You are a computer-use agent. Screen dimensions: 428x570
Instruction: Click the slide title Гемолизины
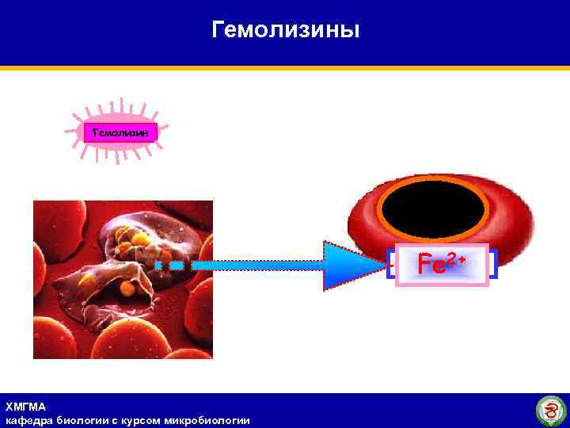tap(286, 30)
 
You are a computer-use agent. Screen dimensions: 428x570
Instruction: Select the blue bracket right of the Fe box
tap(492, 264)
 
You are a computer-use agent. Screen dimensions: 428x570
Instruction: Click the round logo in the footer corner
tap(551, 411)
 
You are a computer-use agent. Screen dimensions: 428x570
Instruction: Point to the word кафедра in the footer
tap(28, 420)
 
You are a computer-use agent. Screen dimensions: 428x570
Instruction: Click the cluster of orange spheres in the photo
tap(131, 238)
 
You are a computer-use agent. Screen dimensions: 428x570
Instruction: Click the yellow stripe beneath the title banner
tap(285, 68)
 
